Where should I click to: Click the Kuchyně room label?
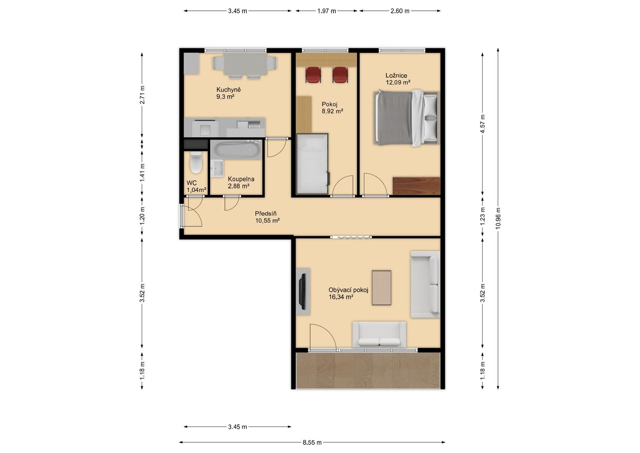[x=228, y=90]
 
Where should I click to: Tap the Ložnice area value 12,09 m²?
[x=398, y=82]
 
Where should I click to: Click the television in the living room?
[x=303, y=292]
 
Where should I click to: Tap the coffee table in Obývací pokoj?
[x=382, y=288]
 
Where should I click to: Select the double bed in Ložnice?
[x=406, y=118]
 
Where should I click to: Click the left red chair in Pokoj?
[x=313, y=74]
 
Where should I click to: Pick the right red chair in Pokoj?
[x=340, y=74]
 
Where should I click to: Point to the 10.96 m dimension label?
[x=498, y=218]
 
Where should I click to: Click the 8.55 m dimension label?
[x=312, y=443]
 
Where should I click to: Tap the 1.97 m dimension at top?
[x=326, y=11]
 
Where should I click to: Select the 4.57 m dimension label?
[x=482, y=124]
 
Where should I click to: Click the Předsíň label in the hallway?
[x=266, y=214]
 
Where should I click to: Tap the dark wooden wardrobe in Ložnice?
[x=416, y=186]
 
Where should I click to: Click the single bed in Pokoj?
[x=312, y=164]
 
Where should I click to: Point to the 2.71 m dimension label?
[x=142, y=94]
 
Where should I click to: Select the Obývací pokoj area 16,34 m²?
[x=341, y=297]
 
